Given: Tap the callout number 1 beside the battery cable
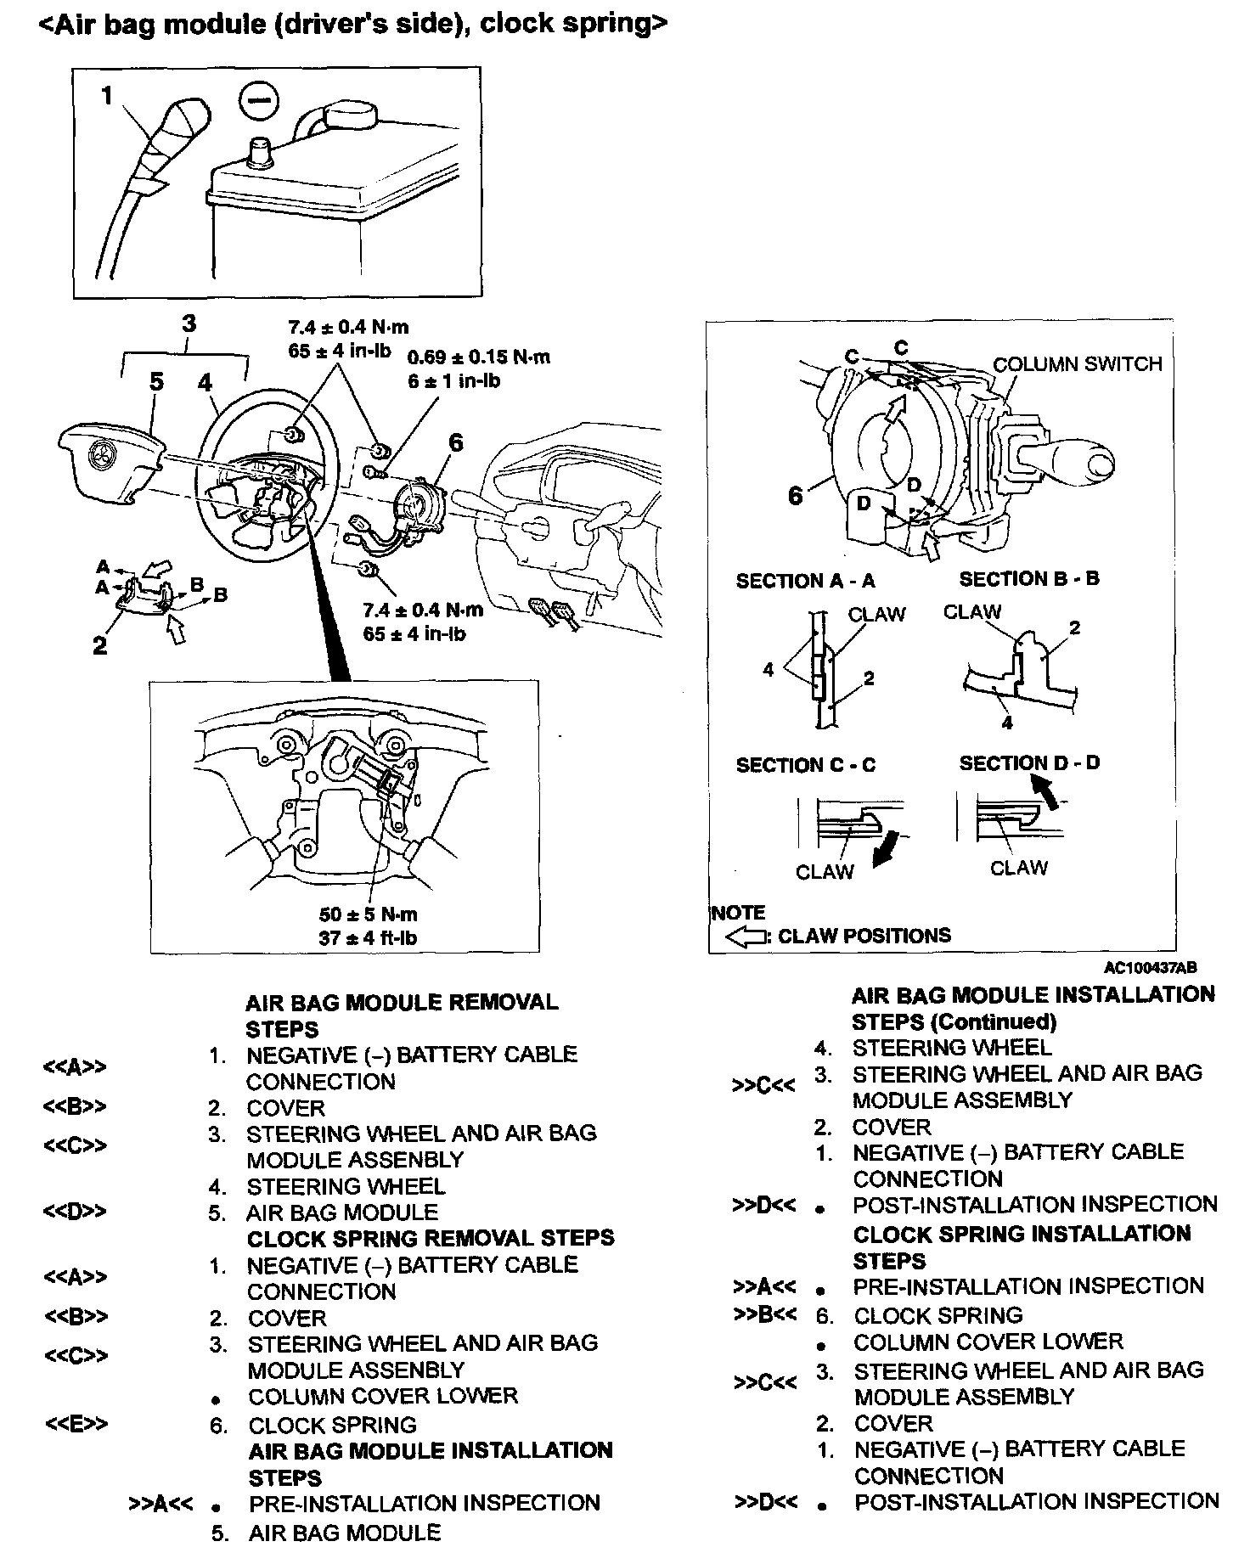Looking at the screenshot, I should tap(107, 97).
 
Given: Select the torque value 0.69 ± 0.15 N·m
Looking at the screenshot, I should tap(478, 357).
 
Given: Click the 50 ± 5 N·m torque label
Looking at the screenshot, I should tap(369, 914).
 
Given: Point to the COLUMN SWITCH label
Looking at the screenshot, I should tap(1077, 364).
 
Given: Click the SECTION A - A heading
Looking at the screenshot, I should tap(805, 581).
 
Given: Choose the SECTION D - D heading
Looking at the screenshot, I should tap(1029, 762).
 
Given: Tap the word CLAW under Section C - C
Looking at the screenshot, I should tap(824, 872).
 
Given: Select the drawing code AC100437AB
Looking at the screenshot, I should tap(1151, 967).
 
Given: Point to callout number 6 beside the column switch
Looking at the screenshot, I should tap(796, 496).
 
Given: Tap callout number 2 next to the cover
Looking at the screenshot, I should tap(100, 645).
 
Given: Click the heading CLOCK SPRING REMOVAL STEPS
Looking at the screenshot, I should tap(430, 1238).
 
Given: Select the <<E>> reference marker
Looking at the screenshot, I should tap(76, 1424).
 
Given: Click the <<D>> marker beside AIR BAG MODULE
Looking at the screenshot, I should tap(75, 1212).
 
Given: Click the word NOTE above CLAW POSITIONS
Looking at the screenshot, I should tap(738, 913).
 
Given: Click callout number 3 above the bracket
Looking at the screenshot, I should tap(189, 323).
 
